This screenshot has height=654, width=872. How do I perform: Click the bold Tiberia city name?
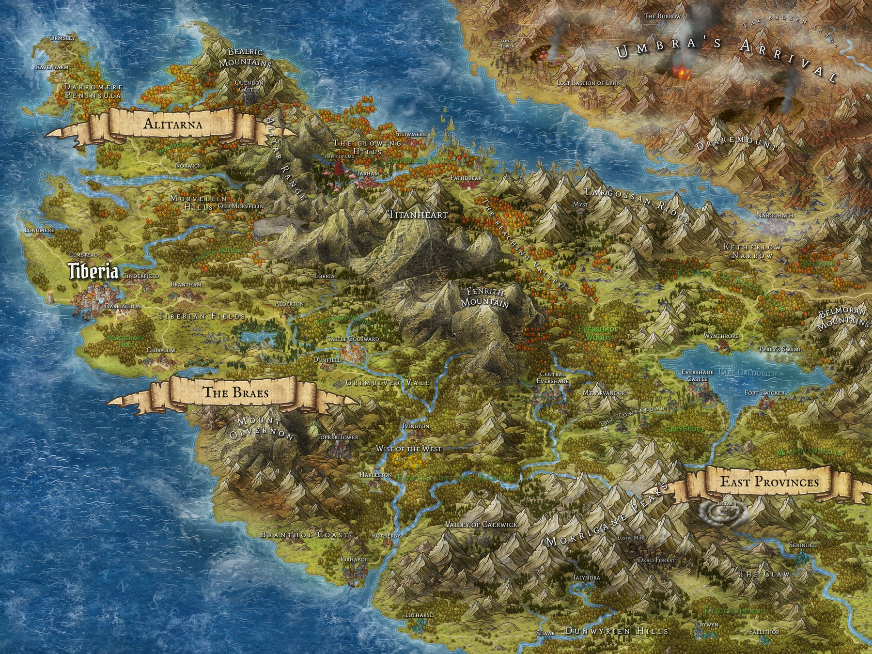click(93, 272)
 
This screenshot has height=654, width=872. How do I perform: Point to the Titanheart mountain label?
click(417, 215)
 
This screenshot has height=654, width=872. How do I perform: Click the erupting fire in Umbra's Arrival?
click(682, 74)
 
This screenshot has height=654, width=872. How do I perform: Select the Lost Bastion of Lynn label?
click(589, 83)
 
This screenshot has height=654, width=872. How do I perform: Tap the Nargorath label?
click(775, 215)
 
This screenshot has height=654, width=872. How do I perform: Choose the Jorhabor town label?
click(354, 560)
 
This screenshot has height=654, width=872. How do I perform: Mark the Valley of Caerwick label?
click(481, 525)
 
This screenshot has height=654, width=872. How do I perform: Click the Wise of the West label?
click(409, 449)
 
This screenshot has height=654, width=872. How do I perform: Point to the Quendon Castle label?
click(249, 86)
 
